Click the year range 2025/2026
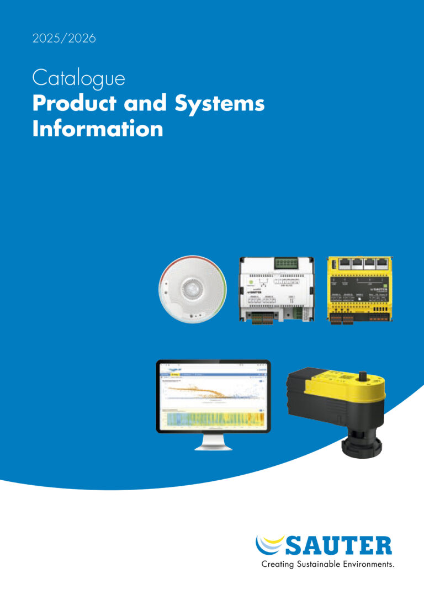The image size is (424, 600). [64, 39]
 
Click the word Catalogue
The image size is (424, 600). [78, 78]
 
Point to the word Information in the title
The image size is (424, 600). [98, 129]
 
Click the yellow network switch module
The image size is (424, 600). [360, 290]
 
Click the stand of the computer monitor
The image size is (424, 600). [213, 442]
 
